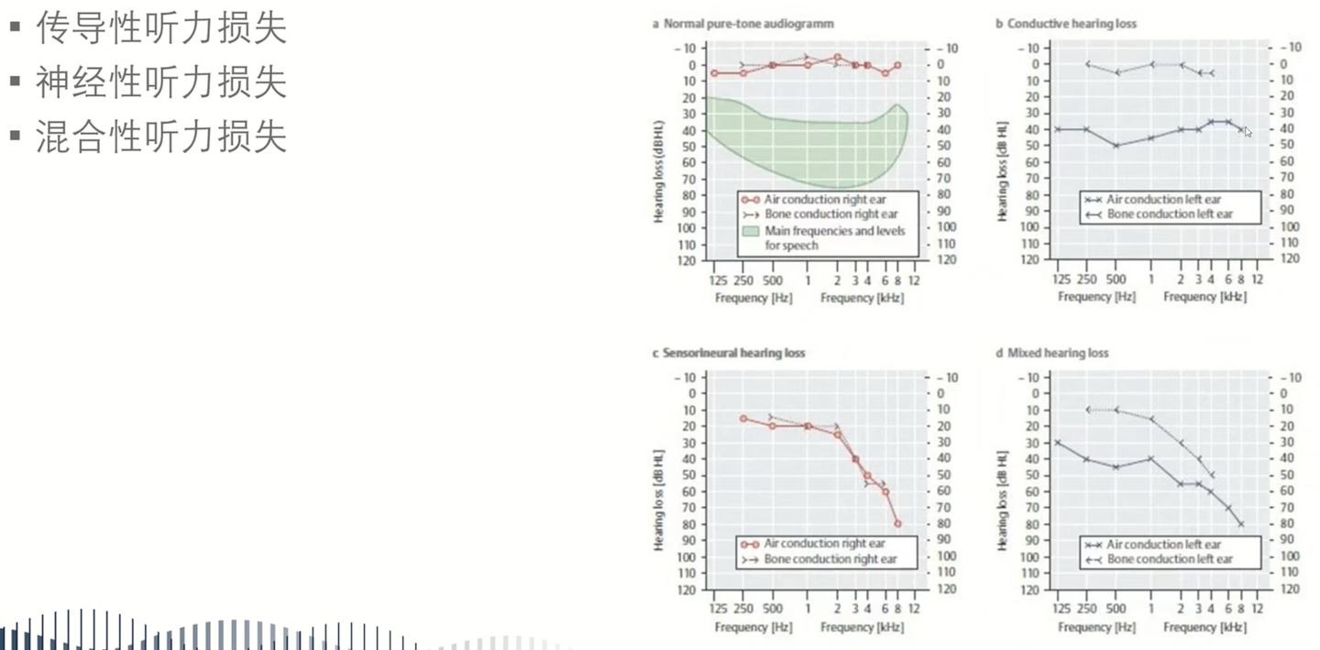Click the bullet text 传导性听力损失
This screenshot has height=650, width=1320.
click(161, 29)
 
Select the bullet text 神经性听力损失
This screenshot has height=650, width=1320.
click(161, 83)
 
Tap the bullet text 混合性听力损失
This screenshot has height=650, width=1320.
click(161, 137)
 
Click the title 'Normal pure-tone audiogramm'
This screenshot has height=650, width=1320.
click(748, 24)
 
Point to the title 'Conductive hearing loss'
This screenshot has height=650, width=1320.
click(1072, 24)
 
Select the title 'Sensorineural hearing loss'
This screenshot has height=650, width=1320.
click(733, 353)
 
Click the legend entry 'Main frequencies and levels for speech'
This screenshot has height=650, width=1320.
click(834, 237)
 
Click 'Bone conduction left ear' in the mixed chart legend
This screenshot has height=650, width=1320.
click(1170, 558)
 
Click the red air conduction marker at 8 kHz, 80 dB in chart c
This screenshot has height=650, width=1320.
click(897, 523)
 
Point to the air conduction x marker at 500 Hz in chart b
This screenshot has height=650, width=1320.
click(1116, 145)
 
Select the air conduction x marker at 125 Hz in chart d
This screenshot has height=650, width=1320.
click(1058, 442)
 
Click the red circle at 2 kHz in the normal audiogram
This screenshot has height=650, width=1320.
click(837, 58)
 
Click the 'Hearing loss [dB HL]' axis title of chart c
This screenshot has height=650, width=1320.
click(658, 501)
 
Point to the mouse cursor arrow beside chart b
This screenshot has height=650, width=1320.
click(1247, 131)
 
